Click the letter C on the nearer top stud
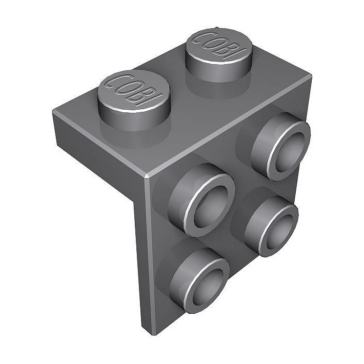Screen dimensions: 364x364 coord(114,81)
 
